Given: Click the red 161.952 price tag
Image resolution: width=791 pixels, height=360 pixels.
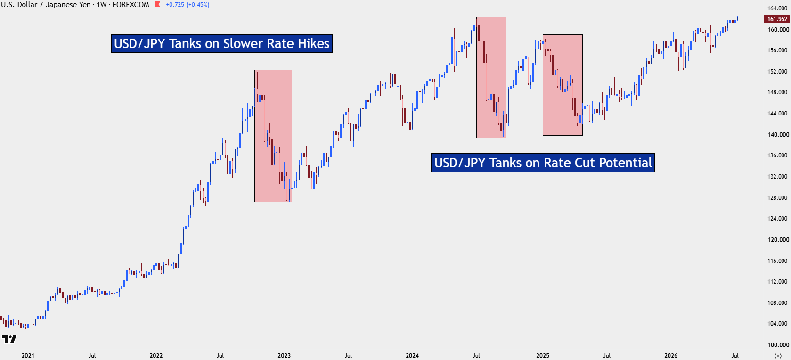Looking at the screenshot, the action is (x=776, y=19).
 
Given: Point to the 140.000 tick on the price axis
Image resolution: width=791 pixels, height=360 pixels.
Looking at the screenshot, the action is (x=778, y=135).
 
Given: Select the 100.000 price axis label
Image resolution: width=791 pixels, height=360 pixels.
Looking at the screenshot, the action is (x=778, y=345).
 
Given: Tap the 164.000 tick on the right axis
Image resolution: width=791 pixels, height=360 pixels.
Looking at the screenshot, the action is (x=778, y=8).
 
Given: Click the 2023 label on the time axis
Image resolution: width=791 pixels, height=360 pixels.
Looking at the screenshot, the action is (x=284, y=355).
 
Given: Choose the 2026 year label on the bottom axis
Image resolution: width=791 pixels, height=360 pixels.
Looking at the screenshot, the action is (x=670, y=355).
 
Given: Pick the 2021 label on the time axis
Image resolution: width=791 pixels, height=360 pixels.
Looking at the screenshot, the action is (x=28, y=355).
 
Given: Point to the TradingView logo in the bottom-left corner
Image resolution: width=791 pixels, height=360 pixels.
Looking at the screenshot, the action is (x=9, y=339).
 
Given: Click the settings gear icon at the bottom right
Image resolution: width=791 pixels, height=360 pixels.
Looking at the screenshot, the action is (x=778, y=355).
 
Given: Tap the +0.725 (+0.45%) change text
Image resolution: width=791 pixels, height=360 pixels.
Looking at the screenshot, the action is (x=188, y=5).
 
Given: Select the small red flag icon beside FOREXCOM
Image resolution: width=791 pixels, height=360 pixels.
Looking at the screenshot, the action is (x=157, y=5).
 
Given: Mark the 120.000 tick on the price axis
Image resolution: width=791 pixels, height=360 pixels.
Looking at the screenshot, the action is (x=778, y=239).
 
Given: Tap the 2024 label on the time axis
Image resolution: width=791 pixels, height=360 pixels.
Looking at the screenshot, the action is (x=412, y=355).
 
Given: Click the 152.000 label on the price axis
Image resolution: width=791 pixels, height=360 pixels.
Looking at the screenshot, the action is (x=778, y=71).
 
